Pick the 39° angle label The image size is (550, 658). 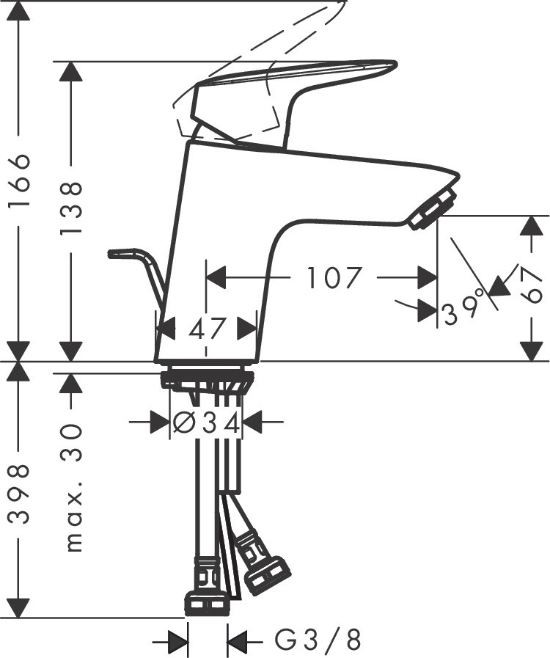tap(465, 307)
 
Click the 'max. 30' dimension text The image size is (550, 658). tap(72, 489)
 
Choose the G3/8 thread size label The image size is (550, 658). tap(318, 642)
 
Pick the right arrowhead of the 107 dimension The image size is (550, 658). tap(428, 278)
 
